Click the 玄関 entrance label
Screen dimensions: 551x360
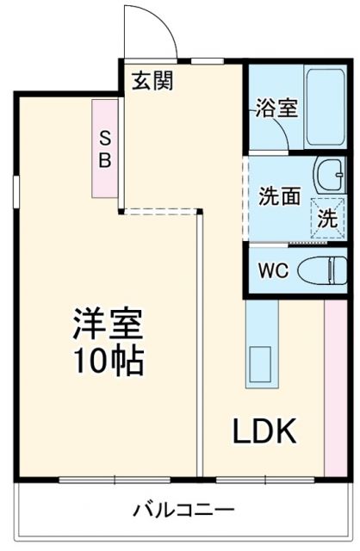coord(152,81)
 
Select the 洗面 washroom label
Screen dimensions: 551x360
coord(280,195)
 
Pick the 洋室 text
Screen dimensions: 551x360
coord(108,325)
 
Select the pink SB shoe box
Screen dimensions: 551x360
coord(105,147)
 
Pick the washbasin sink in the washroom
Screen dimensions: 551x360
coord(328,176)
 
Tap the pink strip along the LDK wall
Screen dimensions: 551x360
coord(333,387)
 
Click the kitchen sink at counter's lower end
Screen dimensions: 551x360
coord(260,366)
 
